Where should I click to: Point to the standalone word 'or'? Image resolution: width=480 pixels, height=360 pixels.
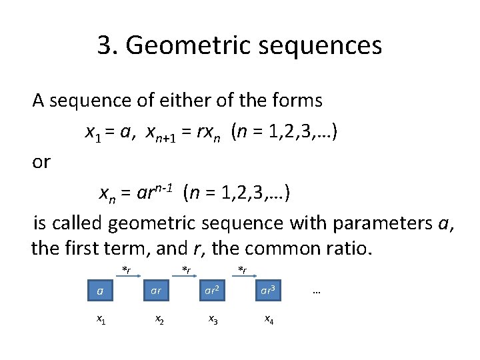point(41,162)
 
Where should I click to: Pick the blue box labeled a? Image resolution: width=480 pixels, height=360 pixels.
point(100,291)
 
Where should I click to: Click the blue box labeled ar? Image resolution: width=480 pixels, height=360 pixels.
point(155,291)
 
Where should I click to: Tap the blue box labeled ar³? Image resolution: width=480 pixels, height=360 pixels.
point(267,291)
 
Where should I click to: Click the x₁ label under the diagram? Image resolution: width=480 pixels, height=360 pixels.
point(100,320)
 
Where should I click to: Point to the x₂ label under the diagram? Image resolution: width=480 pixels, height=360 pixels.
point(160,320)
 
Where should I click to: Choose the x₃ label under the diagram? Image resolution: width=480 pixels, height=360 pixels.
point(213,320)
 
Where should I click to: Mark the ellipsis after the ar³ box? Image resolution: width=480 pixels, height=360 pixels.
point(316,291)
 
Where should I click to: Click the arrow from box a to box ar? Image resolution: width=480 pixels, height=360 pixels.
point(127,275)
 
